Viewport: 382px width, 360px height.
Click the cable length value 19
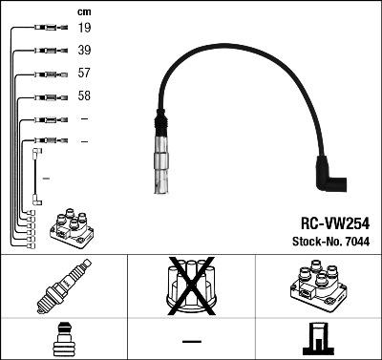point(84,29)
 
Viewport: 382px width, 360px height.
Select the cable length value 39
point(84,50)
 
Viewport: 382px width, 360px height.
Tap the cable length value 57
point(84,74)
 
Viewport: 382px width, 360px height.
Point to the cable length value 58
point(84,96)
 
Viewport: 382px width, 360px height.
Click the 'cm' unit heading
point(83,11)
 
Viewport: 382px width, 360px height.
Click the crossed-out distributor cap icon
point(191,287)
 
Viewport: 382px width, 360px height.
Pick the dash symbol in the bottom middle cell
point(191,341)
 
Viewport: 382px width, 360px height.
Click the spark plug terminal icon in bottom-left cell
point(63,340)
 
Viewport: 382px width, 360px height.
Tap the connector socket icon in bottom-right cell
point(318,340)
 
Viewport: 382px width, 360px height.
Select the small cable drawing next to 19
point(46,29)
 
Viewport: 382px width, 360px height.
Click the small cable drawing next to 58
point(46,96)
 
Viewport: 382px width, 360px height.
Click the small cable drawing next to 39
point(46,50)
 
